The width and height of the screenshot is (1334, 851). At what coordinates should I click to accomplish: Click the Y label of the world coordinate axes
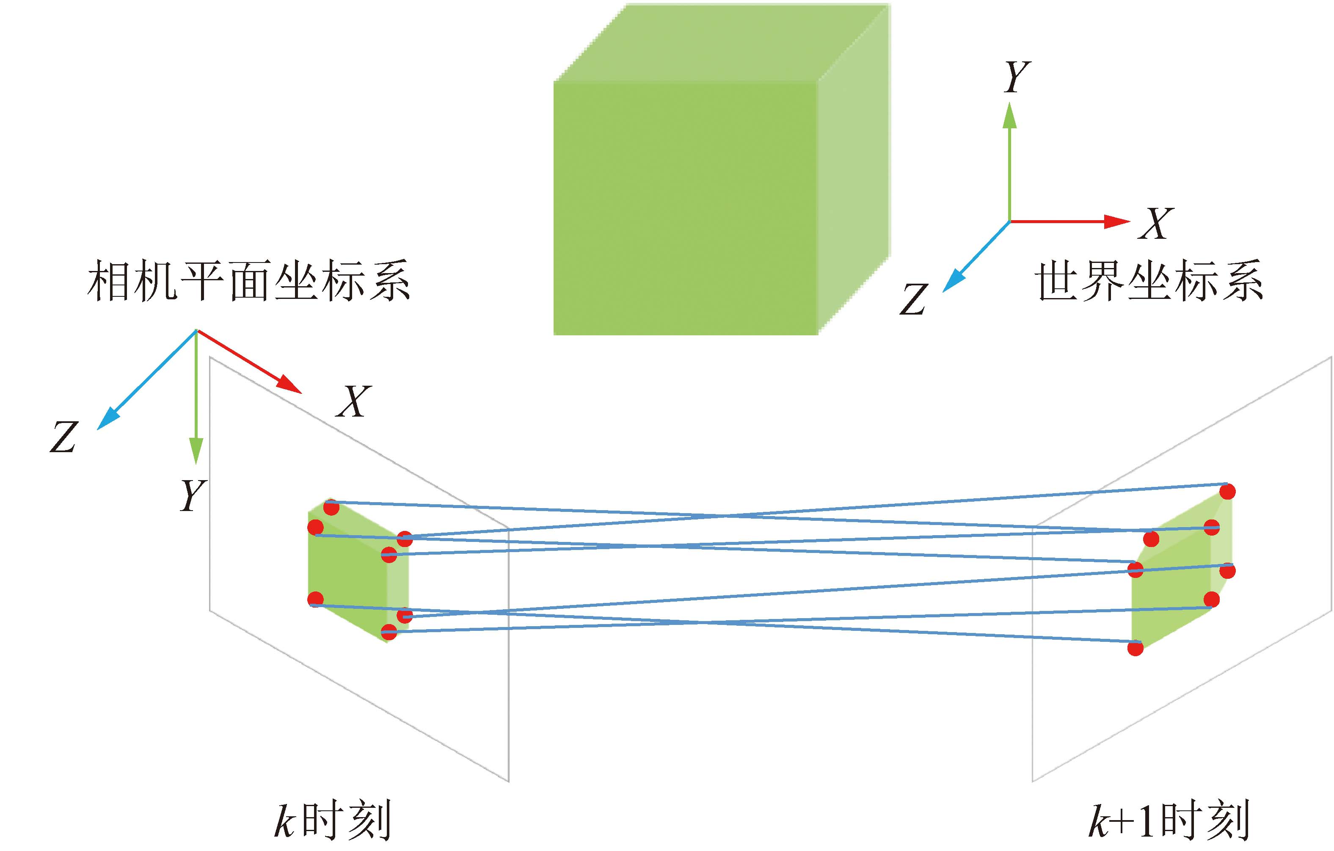tap(1017, 77)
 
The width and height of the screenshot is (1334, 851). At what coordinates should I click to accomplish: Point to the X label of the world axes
tap(1156, 224)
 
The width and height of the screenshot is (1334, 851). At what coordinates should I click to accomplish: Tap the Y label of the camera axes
tap(193, 495)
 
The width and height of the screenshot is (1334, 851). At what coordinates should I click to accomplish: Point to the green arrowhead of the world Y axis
tap(1010, 116)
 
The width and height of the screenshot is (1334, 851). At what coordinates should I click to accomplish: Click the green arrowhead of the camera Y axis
tap(196, 450)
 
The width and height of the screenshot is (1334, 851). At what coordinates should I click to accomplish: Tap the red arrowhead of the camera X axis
tap(290, 384)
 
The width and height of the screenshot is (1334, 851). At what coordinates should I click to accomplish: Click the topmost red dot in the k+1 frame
tap(1228, 492)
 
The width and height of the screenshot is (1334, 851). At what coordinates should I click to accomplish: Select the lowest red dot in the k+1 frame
tap(1136, 648)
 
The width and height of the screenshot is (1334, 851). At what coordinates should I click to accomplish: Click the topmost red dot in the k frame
tap(331, 507)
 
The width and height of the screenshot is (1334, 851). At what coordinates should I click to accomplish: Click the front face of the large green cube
tap(685, 208)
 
